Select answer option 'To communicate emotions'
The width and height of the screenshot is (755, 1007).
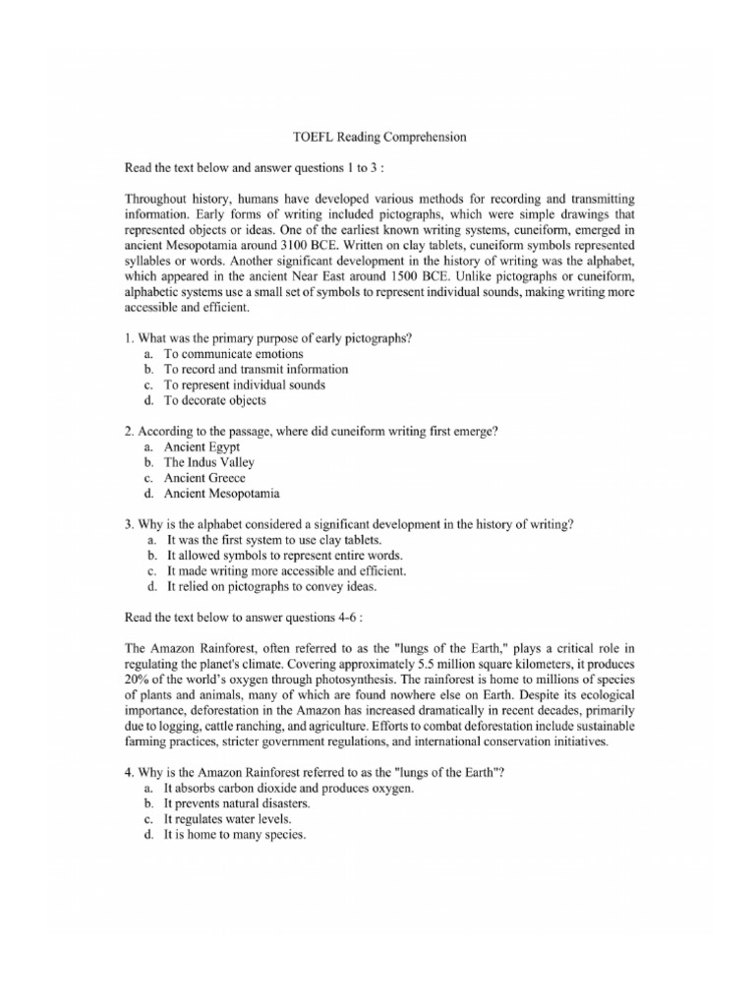pos(233,353)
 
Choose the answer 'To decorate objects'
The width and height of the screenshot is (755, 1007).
pos(214,400)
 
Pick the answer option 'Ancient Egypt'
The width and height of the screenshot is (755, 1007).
pos(201,446)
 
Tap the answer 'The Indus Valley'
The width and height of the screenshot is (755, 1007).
pos(208,462)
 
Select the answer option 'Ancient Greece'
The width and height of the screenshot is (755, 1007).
pos(204,478)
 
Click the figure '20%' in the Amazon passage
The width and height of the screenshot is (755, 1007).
pos(140,679)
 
